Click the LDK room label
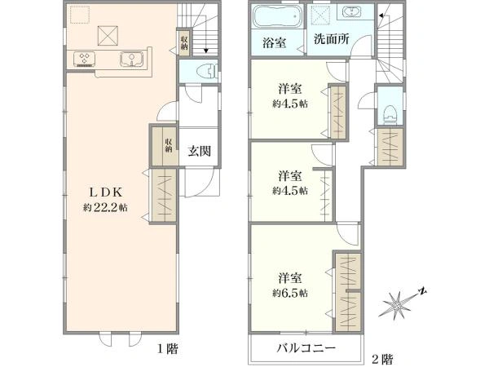105,192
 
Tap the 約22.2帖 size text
105,207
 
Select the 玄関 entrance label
199,151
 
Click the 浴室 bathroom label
274,42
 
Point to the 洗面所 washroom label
331,39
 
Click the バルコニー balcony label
306,347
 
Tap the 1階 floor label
167,348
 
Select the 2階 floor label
382,359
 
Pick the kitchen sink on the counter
131,60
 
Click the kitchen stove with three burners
84,60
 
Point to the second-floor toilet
390,114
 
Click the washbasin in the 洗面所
352,12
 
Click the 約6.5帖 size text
290,293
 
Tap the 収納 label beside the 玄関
169,145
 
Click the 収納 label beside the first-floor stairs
184,43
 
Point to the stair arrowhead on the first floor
205,51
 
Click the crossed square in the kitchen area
108,36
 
